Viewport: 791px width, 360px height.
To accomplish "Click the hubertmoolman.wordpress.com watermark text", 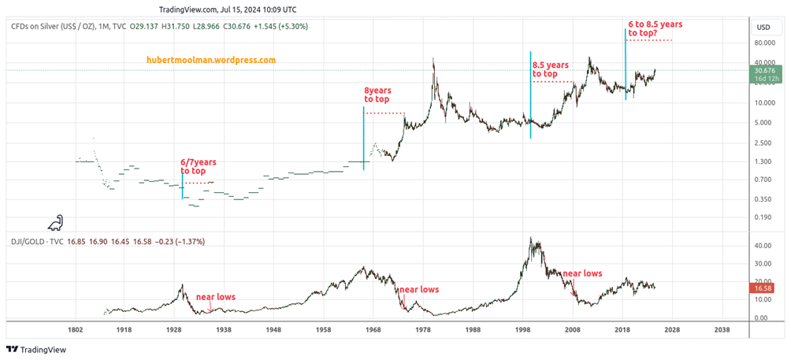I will point(211,60).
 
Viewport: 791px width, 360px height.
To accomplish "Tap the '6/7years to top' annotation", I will point(198,166).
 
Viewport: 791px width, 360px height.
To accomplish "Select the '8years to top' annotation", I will point(377,95).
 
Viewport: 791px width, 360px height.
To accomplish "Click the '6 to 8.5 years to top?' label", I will point(655,29).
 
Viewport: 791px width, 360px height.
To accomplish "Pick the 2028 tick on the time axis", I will point(672,330).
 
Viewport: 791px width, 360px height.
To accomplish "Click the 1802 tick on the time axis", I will point(76,330).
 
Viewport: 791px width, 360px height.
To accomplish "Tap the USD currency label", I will point(763,27).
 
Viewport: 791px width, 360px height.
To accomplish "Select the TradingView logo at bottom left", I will point(39,349).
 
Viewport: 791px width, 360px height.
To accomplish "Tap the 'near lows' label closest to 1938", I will point(215,297).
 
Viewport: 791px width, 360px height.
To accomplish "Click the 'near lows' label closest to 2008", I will point(582,273).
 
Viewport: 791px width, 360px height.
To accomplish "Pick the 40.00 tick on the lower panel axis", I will point(761,246).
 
